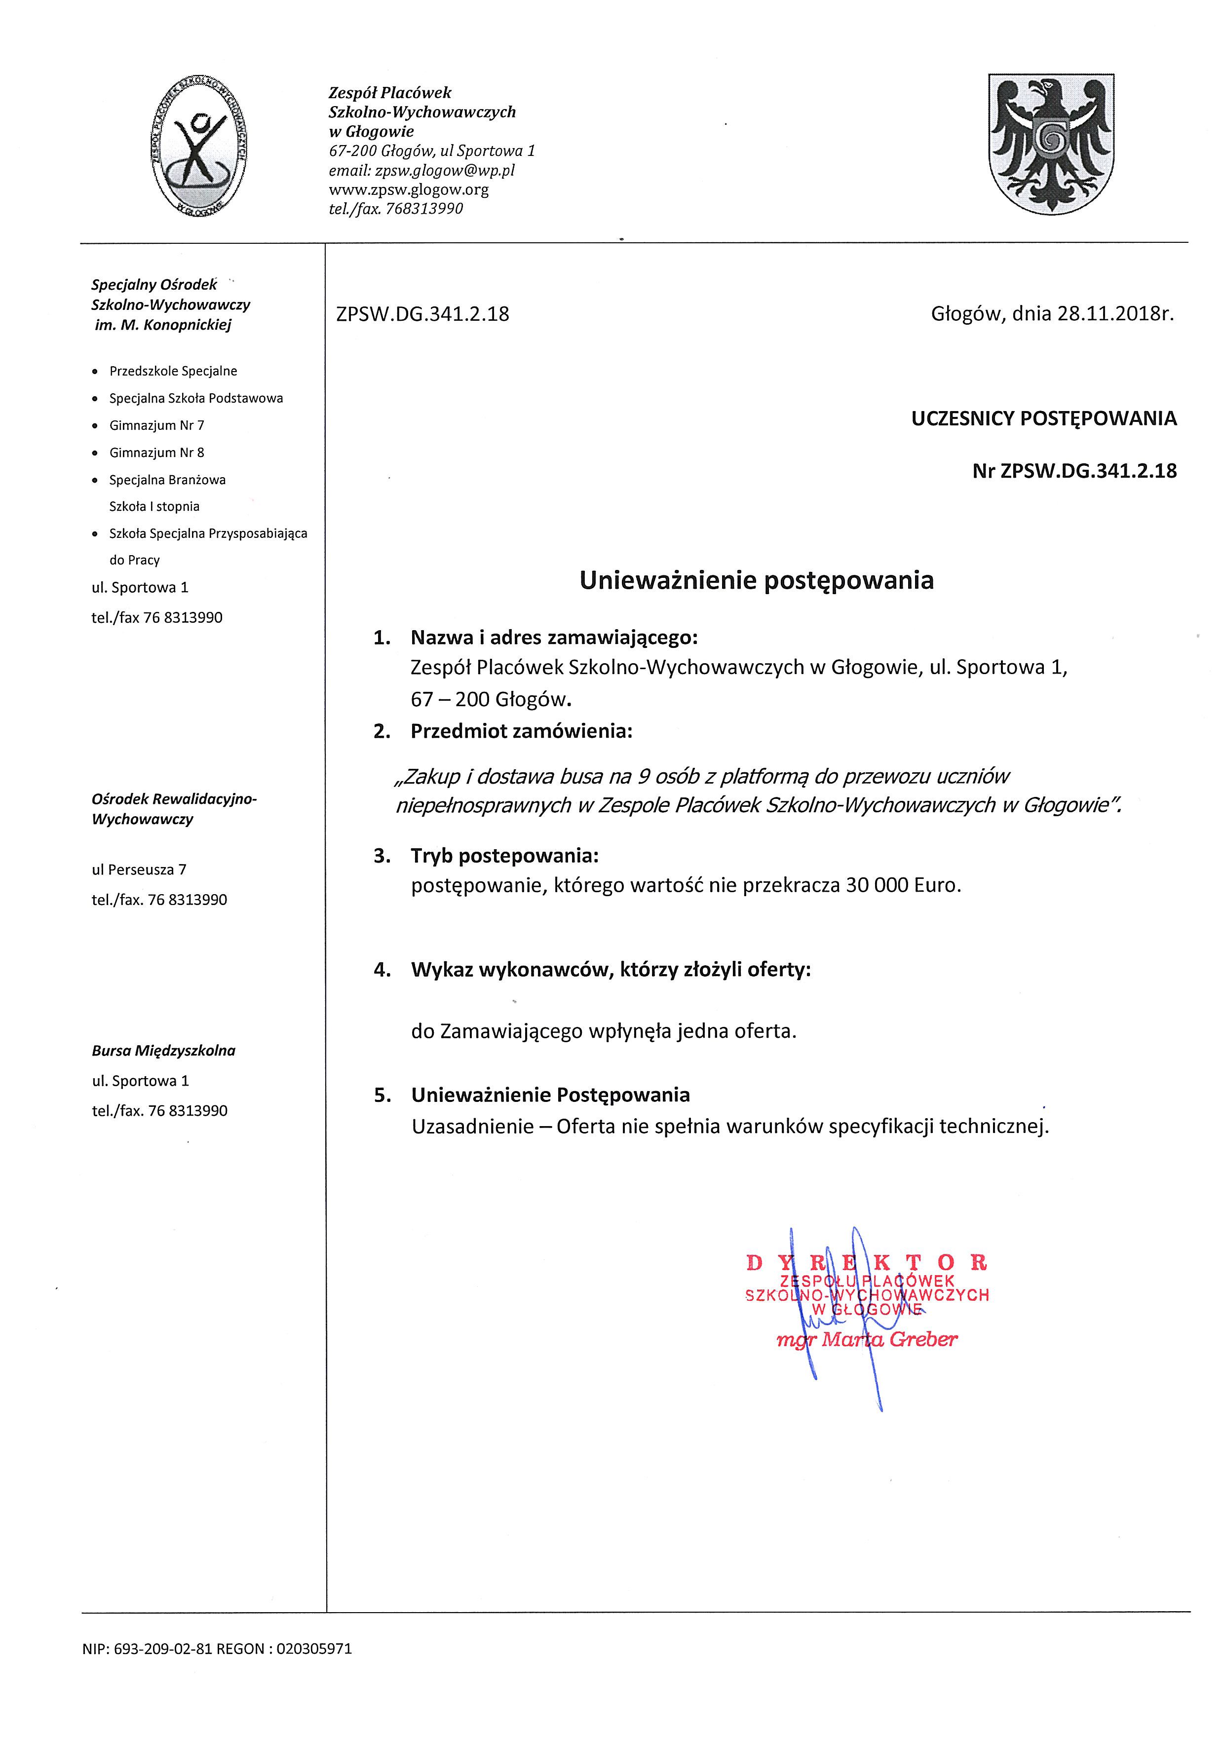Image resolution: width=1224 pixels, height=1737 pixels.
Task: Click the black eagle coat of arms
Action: pos(1051,144)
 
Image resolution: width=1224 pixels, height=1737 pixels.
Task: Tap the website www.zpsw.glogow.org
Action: pos(409,189)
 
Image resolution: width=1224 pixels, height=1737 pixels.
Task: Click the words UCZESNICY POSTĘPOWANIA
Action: pos(1044,418)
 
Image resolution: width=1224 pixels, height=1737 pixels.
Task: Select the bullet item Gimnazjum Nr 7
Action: pos(156,425)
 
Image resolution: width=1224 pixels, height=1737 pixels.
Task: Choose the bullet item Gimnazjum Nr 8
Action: pos(156,453)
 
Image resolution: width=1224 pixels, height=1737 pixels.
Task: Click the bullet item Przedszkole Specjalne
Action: pos(173,371)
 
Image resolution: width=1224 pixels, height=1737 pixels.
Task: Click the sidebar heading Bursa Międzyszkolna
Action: pos(163,1050)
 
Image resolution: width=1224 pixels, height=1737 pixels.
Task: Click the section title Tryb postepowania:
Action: pos(504,856)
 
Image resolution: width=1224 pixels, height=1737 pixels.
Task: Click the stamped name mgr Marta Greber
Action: pos(867,1340)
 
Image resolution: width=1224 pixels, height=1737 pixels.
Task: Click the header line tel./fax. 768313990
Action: pos(396,209)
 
